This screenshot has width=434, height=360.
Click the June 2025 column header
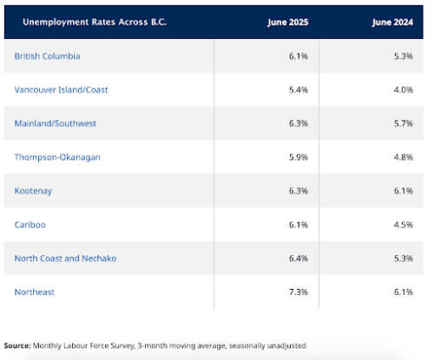pos(288,23)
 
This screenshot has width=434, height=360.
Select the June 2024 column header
pos(392,23)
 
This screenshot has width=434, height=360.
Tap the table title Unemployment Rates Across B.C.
pos(95,22)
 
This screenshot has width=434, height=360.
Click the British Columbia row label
pos(47,56)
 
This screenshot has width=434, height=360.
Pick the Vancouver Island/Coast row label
pos(61,89)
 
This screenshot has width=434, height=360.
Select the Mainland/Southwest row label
pos(56,123)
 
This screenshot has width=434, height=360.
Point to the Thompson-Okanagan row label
pos(57,157)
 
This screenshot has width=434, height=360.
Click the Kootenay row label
pos(33,191)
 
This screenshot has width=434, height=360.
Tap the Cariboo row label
pos(30,225)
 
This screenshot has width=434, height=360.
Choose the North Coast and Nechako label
pos(65,259)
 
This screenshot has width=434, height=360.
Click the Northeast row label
pos(35,292)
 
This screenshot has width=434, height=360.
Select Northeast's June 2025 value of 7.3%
pos(299,292)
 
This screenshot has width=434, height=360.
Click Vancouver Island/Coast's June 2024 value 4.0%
pos(404,89)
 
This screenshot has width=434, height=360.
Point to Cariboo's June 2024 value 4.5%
pos(404,225)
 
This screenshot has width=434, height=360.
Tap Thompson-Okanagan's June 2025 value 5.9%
pos(299,157)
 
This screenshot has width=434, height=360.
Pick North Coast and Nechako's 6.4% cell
pos(299,259)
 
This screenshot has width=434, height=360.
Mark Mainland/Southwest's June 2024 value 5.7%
pos(404,123)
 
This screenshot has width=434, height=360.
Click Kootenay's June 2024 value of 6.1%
pos(404,191)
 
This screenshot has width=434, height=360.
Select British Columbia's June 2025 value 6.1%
pos(299,56)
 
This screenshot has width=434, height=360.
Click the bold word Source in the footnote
pos(17,345)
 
